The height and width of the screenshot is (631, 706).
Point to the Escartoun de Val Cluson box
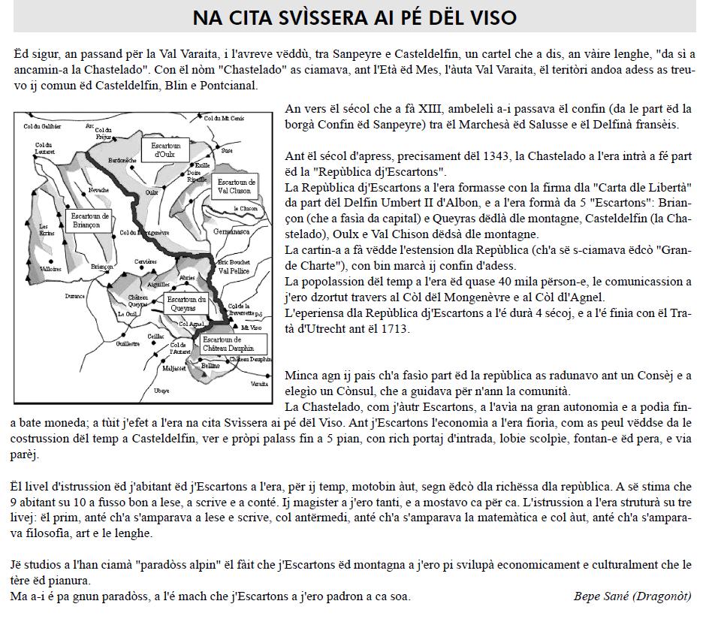pyautogui.click(x=235, y=186)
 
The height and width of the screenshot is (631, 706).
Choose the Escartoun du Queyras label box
pyautogui.click(x=186, y=304)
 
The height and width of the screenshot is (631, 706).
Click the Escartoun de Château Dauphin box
pyautogui.click(x=228, y=344)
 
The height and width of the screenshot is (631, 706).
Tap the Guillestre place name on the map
pyautogui.click(x=128, y=344)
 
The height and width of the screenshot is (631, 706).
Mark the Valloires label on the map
pyautogui.click(x=50, y=268)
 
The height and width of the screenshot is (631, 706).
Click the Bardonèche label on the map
pyautogui.click(x=122, y=161)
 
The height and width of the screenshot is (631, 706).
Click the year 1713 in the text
pyautogui.click(x=397, y=329)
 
